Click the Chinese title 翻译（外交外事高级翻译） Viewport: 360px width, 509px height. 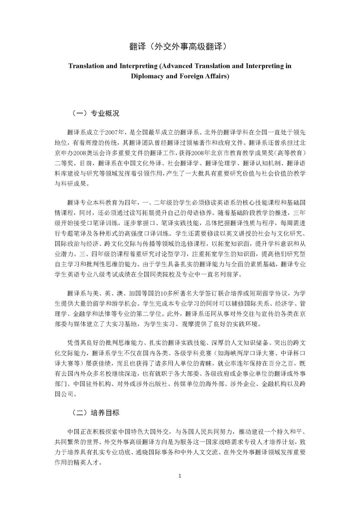pyautogui.click(x=180, y=46)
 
